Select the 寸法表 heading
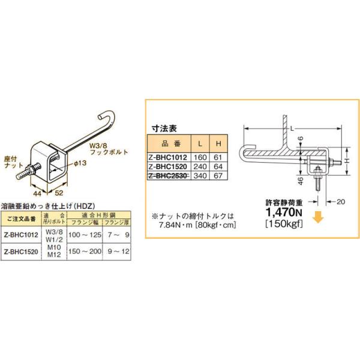[x=163, y=128]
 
